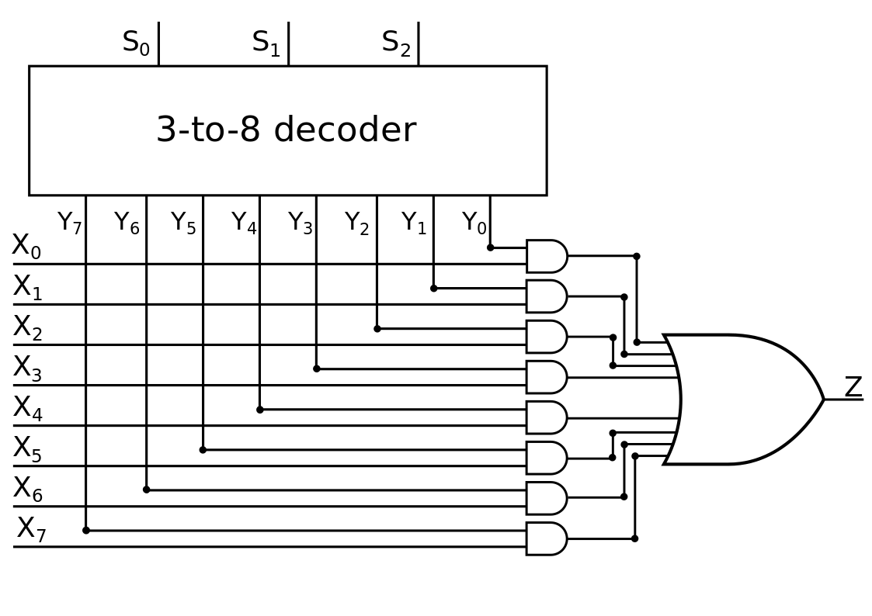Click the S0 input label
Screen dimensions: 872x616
pyautogui.click(x=136, y=43)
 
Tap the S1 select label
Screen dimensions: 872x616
pyautogui.click(x=266, y=43)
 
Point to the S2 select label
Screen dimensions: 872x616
pyautogui.click(x=396, y=43)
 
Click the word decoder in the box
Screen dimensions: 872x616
pyautogui.click(x=345, y=130)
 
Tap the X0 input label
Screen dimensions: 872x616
pyautogui.click(x=26, y=247)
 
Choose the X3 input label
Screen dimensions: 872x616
pyautogui.click(x=27, y=369)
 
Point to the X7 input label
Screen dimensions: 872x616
pyautogui.click(x=31, y=529)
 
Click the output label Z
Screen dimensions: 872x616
pyautogui.click(x=853, y=386)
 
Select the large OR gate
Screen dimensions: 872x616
pyautogui.click(x=744, y=400)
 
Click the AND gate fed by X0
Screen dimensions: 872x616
pyautogui.click(x=547, y=256)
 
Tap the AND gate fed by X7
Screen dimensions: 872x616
pyautogui.click(x=547, y=538)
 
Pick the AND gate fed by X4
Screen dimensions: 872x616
pyautogui.click(x=547, y=417)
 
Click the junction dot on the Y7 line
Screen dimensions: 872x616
pyautogui.click(x=85, y=531)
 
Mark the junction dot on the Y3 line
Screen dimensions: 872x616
pyautogui.click(x=317, y=369)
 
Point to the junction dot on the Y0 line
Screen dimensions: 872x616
pyautogui.click(x=490, y=247)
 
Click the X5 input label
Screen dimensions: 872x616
pyautogui.click(x=27, y=448)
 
